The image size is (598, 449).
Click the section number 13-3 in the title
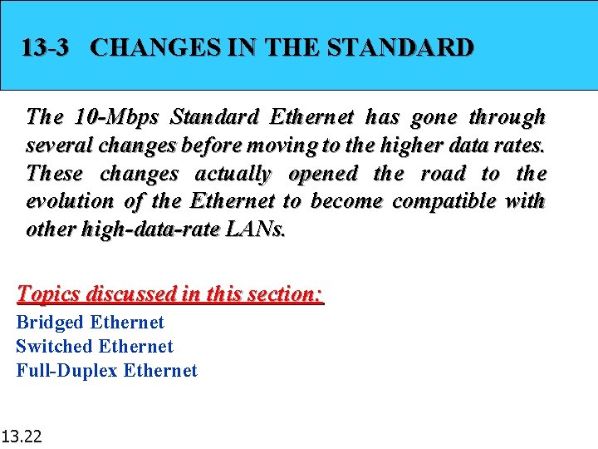[45, 47]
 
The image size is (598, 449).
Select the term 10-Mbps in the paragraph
[108, 116]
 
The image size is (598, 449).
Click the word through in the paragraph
[507, 116]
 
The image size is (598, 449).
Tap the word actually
[233, 173]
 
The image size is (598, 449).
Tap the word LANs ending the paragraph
[255, 229]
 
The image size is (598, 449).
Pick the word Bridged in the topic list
[50, 323]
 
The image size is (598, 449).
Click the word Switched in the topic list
[54, 347]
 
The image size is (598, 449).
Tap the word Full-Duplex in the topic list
[66, 371]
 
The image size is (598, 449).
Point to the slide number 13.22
[24, 435]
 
